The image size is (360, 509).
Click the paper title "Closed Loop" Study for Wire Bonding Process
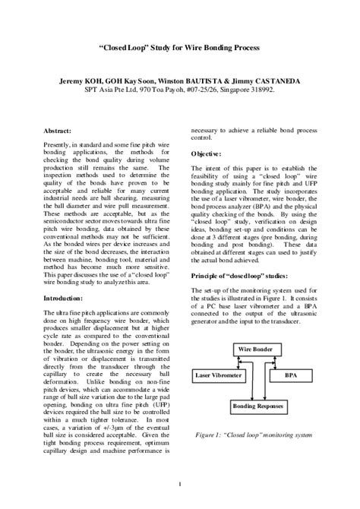pyautogui.click(x=179, y=48)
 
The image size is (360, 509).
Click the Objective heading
pyautogui.click(x=207, y=153)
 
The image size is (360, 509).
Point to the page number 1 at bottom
pyautogui.click(x=179, y=484)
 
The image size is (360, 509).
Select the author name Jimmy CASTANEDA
pyautogui.click(x=276, y=79)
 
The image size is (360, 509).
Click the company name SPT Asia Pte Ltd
pyautogui.click(x=111, y=89)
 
